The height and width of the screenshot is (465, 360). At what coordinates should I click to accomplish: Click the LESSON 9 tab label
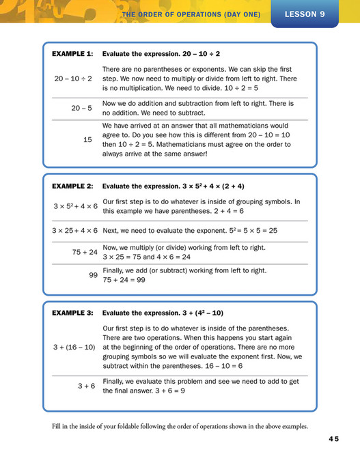pos(305,13)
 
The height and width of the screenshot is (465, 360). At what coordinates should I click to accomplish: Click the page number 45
pos(333,438)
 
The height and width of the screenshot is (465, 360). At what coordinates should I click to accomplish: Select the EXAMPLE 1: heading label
pos(72,53)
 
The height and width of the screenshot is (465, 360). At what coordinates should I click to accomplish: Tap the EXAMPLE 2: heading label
pos(72,186)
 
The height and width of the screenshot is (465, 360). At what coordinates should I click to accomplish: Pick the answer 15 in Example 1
pos(87,139)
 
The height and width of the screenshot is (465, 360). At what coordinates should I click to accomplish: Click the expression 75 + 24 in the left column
pos(85,252)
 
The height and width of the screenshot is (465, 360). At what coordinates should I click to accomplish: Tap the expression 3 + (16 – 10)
pos(74,347)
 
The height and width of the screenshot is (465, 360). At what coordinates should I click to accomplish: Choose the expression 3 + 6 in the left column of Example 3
pos(86,386)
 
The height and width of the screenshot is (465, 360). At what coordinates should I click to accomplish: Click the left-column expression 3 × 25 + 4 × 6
pos(75,230)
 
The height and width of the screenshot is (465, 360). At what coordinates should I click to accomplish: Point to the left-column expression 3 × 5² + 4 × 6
pos(75,206)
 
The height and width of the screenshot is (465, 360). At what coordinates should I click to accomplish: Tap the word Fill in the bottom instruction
pos(58,427)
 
